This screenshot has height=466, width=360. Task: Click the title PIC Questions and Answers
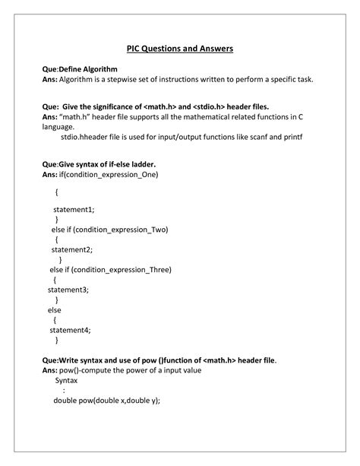point(179,49)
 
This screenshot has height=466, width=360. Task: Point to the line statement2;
point(71,249)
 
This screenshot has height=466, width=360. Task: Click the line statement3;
point(68,289)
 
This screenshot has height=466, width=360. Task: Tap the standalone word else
point(54,309)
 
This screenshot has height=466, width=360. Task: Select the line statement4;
point(70,329)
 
